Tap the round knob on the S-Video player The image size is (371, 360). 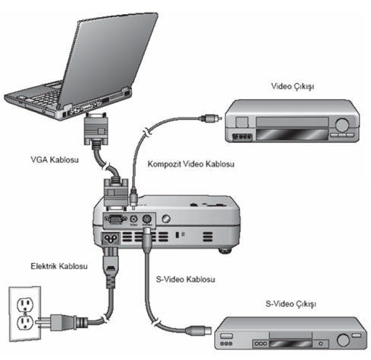tap(343, 340)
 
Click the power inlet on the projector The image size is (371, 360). tap(111, 239)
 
